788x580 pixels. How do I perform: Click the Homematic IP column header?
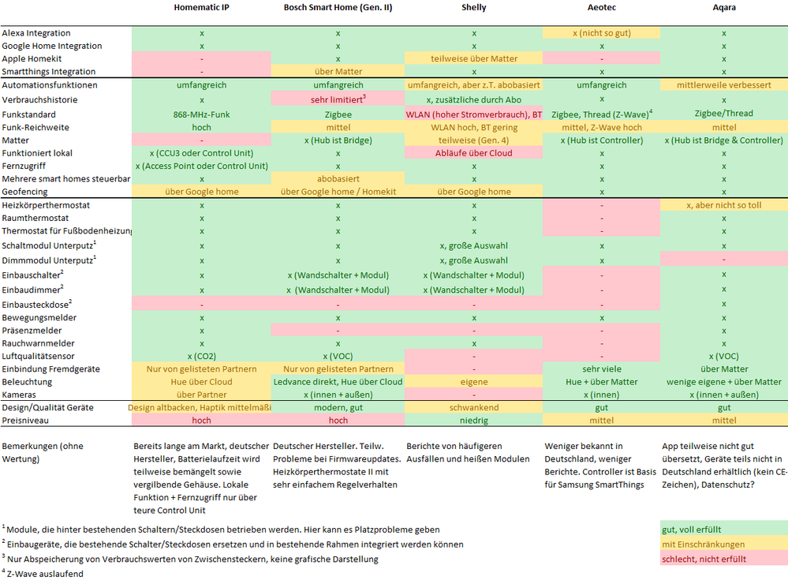201,8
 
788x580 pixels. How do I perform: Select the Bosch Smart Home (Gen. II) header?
338,8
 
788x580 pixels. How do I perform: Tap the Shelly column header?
473,8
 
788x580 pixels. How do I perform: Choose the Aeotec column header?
602,8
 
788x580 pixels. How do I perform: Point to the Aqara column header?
723,8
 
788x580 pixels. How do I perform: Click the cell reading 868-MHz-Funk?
201,114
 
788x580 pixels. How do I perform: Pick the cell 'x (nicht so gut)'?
602,33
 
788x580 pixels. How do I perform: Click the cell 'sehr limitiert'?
336,100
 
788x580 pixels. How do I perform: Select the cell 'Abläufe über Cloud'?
473,153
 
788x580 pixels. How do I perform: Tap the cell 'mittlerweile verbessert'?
723,84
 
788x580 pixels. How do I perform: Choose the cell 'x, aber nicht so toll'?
723,205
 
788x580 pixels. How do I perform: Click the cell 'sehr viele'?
602,369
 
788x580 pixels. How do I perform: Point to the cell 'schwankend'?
473,407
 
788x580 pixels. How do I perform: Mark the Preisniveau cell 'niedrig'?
473,420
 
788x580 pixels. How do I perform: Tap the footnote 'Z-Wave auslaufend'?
44,574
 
